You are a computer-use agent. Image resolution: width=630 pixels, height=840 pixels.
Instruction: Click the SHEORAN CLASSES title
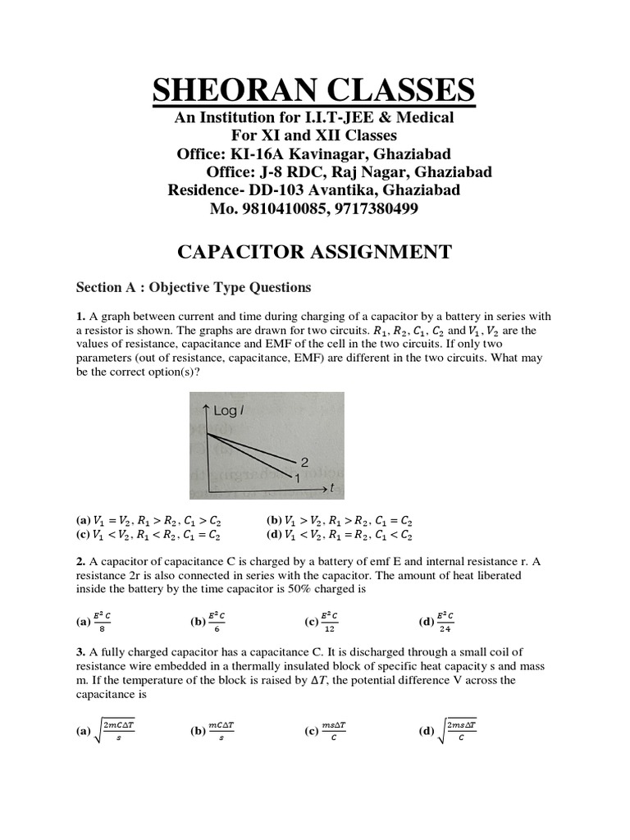[313, 89]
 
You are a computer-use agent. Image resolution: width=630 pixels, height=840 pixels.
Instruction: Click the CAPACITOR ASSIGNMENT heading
[314, 251]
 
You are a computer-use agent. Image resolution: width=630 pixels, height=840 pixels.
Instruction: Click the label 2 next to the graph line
[304, 463]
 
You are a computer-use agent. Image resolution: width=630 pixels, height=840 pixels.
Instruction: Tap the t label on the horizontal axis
[332, 487]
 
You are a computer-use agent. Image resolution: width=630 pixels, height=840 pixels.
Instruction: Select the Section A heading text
[194, 287]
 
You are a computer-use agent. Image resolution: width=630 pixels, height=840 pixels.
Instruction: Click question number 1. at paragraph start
[80, 317]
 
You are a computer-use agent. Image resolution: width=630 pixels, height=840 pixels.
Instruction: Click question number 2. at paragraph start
[80, 561]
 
